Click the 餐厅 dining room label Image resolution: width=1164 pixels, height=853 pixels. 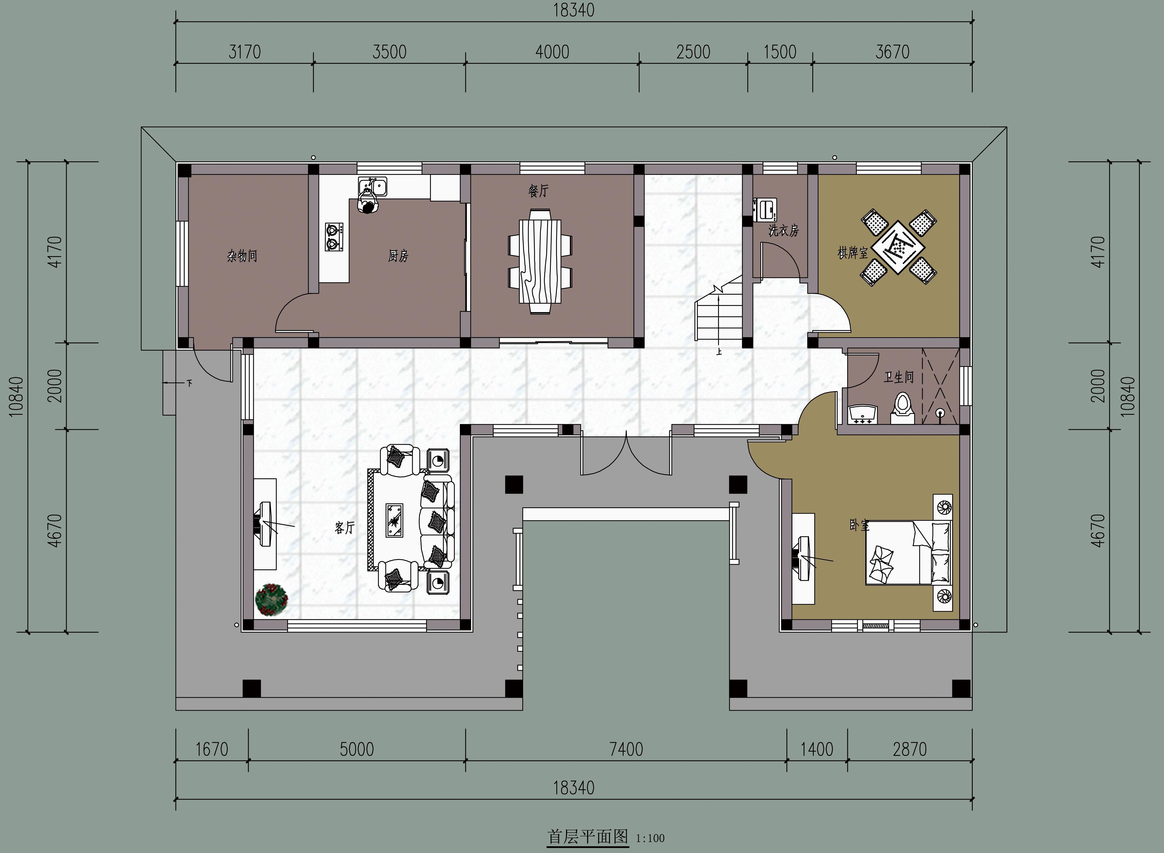click(538, 191)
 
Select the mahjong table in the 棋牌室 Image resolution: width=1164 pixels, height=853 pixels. click(898, 247)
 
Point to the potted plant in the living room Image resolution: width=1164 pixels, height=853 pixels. click(271, 600)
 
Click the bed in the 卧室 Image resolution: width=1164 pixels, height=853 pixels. click(909, 552)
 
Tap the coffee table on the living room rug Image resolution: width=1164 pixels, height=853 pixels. click(395, 521)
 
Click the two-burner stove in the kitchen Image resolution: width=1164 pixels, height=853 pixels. click(334, 237)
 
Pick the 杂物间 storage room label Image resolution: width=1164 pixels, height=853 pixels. click(242, 256)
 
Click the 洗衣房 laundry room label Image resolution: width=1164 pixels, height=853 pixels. click(783, 230)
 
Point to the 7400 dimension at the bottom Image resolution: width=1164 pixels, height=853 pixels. click(626, 749)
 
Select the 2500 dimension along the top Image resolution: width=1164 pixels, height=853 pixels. click(693, 52)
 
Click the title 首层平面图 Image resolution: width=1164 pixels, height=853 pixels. click(588, 836)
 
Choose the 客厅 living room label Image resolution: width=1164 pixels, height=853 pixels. click(345, 528)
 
